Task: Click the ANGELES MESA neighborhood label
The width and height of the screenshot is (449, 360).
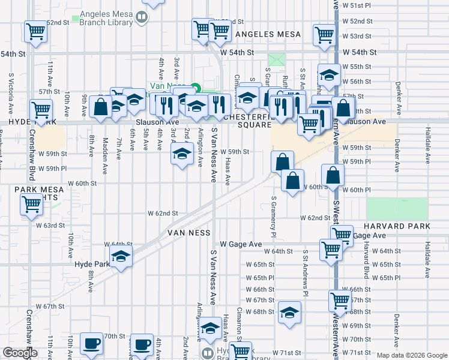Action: tap(268, 35)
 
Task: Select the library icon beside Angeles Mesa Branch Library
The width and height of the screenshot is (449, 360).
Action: tap(142, 17)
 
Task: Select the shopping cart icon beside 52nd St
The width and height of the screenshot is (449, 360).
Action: tap(36, 31)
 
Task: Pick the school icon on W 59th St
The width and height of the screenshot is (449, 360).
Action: tap(182, 154)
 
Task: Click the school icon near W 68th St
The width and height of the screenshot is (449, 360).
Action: tap(289, 312)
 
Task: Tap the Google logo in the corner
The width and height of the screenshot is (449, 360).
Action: tap(20, 353)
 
